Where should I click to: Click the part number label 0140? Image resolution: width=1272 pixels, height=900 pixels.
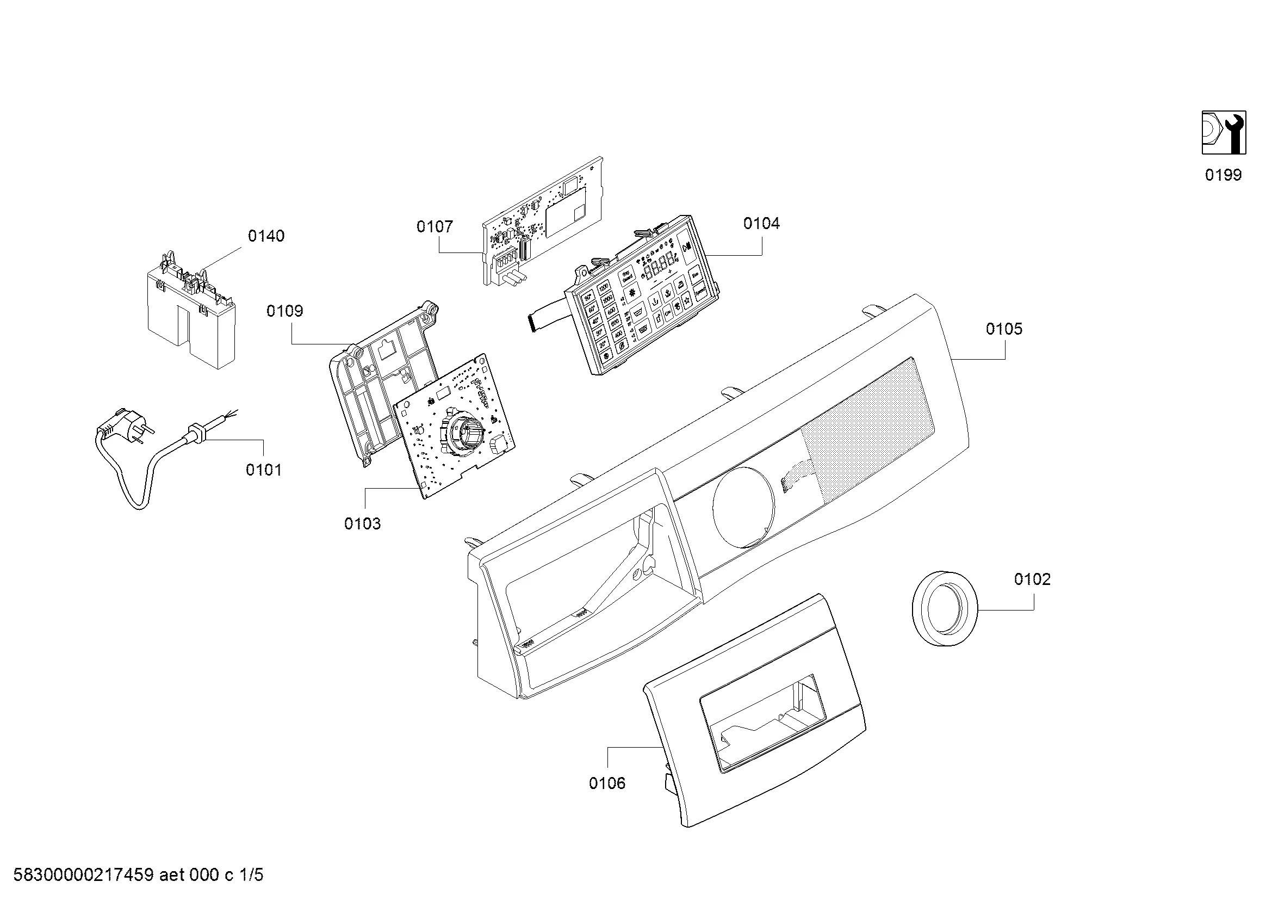pyautogui.click(x=266, y=236)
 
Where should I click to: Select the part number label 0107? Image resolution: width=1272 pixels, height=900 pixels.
pyautogui.click(x=435, y=227)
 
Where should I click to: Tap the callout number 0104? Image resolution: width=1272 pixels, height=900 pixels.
pyautogui.click(x=761, y=223)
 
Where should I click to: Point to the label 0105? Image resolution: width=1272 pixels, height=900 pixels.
pyautogui.click(x=1004, y=329)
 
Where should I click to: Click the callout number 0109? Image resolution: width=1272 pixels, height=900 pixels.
pyautogui.click(x=285, y=311)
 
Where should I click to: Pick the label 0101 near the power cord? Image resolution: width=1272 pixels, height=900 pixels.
pyautogui.click(x=264, y=470)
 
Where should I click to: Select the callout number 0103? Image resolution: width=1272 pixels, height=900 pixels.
pyautogui.click(x=362, y=523)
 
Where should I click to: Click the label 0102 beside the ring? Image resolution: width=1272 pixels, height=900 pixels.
pyautogui.click(x=1032, y=579)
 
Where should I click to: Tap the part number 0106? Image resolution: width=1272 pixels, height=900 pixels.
pyautogui.click(x=607, y=783)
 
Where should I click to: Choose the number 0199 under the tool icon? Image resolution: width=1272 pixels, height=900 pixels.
pyautogui.click(x=1223, y=175)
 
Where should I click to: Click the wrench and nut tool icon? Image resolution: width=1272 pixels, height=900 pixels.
pyautogui.click(x=1223, y=132)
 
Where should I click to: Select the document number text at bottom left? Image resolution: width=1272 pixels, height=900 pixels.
pyautogui.click(x=139, y=875)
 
